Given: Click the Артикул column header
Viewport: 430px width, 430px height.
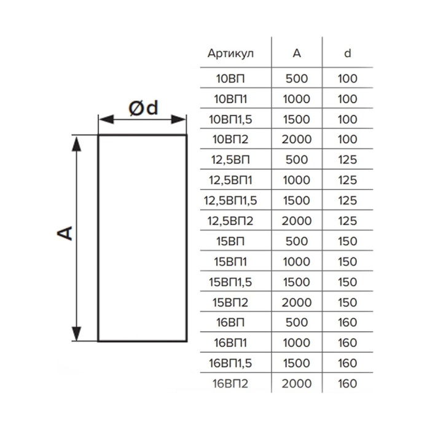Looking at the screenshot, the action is (230, 53).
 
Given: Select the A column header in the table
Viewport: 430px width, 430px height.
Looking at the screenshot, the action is (297, 53).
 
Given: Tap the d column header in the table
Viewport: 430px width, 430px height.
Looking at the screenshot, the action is (348, 53).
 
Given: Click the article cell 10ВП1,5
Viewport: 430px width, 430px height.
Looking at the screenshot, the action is (230, 119).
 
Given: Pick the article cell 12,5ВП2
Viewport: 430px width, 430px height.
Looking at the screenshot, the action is (230, 221).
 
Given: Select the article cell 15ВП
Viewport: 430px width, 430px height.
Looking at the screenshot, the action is (230, 241).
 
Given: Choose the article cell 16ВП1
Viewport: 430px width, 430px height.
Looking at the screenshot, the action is (230, 343).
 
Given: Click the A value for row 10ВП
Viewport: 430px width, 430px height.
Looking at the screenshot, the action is (297, 79).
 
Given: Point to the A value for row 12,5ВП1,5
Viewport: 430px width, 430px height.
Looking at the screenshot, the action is (297, 200).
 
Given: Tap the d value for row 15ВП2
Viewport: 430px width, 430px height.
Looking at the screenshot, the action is (348, 302).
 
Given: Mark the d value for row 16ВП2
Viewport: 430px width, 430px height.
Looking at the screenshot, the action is (348, 384).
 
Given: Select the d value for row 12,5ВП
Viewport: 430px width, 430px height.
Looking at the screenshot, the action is (348, 160).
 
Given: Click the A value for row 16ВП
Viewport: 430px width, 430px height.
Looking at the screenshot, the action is (297, 322).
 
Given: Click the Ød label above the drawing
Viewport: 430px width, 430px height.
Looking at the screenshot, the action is (143, 108).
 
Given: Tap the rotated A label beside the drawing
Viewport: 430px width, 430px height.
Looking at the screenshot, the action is (64, 233).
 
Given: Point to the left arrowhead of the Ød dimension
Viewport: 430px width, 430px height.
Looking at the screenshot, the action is (106, 120).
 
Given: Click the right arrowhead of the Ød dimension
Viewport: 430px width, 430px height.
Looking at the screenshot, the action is (179, 120).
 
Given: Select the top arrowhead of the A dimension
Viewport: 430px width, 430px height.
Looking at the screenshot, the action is (76, 143).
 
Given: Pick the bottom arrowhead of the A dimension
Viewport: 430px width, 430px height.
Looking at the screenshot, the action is (76, 333).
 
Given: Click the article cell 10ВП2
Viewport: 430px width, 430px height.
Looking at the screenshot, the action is (230, 139).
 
